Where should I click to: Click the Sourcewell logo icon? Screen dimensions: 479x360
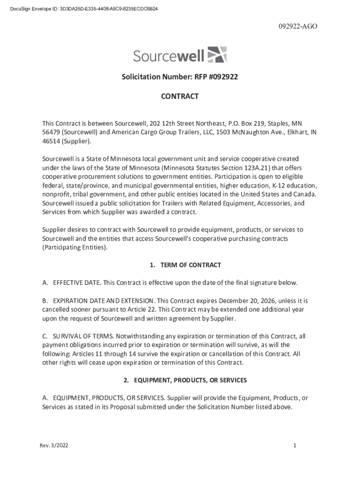click(x=216, y=55)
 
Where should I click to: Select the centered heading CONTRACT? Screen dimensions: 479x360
click(x=180, y=97)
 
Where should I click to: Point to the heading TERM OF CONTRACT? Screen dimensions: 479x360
click(x=190, y=265)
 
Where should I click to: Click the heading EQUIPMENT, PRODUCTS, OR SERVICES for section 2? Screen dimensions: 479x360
click(x=190, y=380)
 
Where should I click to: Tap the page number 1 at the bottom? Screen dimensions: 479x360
click(x=295, y=446)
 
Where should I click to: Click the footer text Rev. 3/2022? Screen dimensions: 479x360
click(x=54, y=446)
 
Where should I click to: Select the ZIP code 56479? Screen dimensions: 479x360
click(x=51, y=132)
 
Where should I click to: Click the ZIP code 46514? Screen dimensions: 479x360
click(x=51, y=141)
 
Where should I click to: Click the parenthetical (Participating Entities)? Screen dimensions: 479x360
click(x=75, y=247)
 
